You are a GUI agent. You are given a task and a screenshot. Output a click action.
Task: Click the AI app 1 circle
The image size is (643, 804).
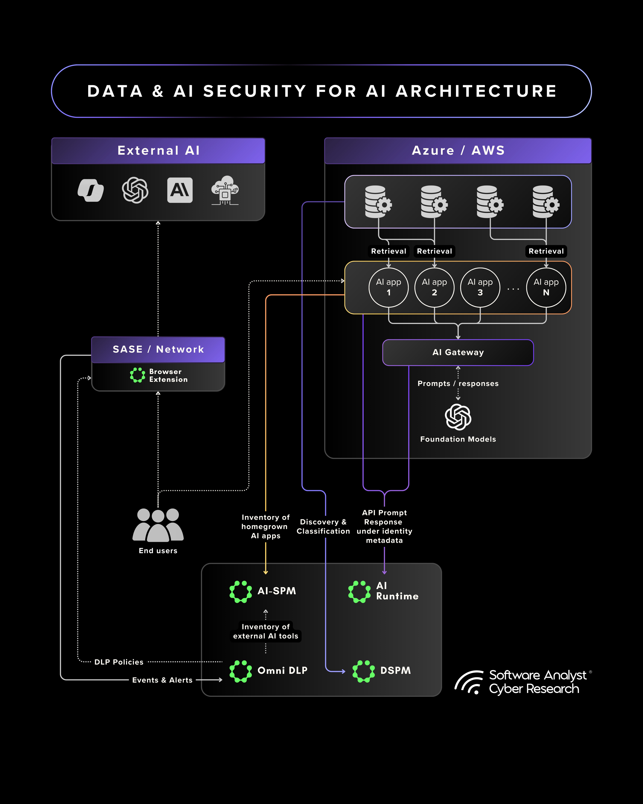click(x=388, y=287)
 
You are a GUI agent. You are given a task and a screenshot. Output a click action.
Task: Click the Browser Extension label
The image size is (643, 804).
click(x=168, y=375)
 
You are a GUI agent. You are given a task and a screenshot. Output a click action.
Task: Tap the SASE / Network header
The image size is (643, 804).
click(x=158, y=349)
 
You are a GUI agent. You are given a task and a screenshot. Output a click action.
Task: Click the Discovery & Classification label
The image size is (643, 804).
click(x=323, y=527)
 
